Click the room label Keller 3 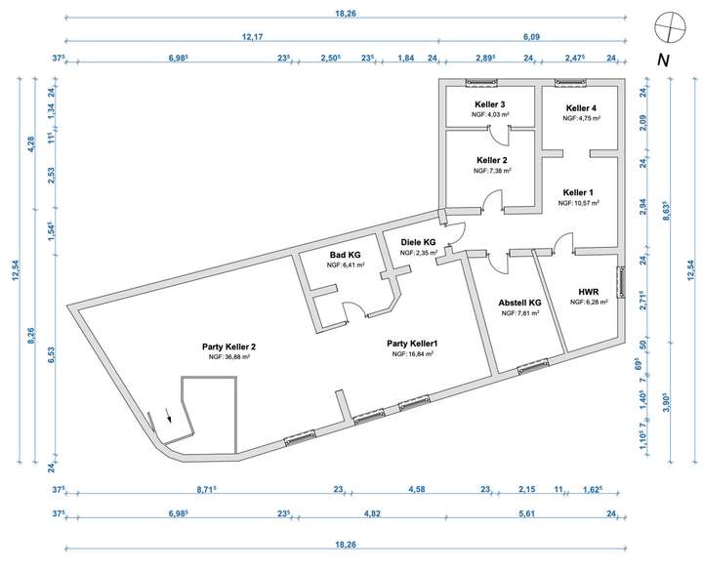click(491, 104)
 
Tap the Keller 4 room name click(581, 107)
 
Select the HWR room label click(588, 291)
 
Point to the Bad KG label click(346, 254)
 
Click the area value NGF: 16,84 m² click(412, 355)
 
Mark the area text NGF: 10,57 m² click(578, 204)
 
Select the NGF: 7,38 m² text click(492, 170)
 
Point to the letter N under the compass click(663, 60)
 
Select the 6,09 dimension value click(531, 36)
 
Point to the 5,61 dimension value click(529, 511)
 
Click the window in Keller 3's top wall click(482, 82)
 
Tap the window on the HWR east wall click(620, 281)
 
